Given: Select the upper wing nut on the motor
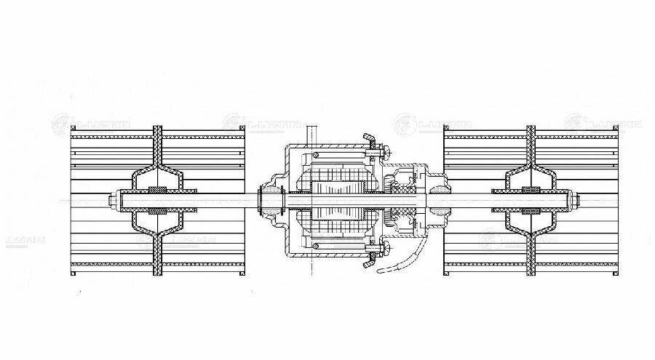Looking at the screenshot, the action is tap(368, 138).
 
